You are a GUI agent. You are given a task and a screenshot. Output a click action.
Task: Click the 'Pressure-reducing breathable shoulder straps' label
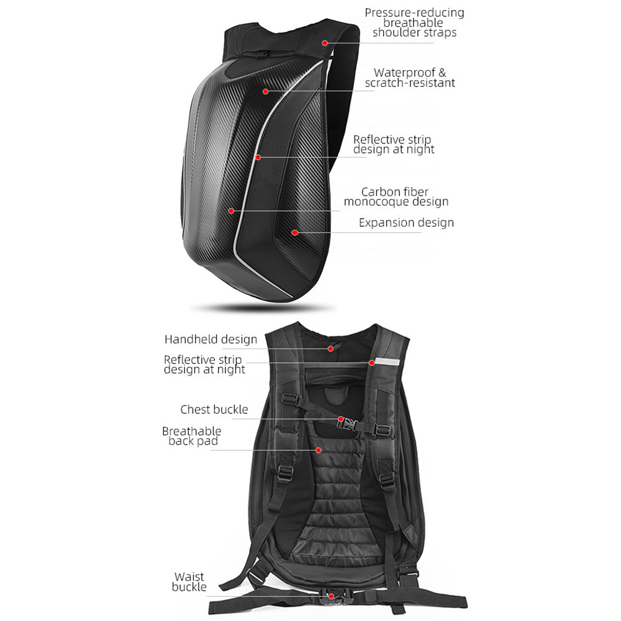point(414,22)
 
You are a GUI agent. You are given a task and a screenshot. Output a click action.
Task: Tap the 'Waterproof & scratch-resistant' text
point(410,78)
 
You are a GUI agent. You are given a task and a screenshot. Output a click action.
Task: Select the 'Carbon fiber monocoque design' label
point(396,196)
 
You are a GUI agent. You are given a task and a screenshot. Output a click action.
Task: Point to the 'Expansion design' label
point(406,222)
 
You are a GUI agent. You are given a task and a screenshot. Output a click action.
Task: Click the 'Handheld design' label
point(211,339)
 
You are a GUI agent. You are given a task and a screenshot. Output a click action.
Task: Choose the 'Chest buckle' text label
point(214,409)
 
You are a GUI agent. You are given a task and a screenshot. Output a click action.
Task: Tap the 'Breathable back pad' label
point(191,436)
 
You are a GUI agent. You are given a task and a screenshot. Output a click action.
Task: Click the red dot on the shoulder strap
point(325,43)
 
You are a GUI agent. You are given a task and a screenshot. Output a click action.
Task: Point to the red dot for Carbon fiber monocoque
point(231,211)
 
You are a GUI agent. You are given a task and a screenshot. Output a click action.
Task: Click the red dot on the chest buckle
point(341,420)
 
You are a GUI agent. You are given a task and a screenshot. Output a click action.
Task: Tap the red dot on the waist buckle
point(331,596)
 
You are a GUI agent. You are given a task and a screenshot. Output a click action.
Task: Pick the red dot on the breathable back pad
point(319,450)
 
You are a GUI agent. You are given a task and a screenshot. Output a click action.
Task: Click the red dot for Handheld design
point(330,348)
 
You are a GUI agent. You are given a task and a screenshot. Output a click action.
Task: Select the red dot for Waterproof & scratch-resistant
point(265,91)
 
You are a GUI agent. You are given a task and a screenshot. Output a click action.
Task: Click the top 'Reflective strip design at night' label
point(393,145)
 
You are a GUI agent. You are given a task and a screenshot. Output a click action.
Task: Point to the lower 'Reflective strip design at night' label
point(204,365)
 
